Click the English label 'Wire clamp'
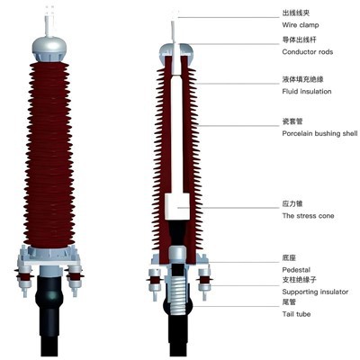[301, 25]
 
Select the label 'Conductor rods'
[308, 52]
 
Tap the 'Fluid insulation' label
[307, 92]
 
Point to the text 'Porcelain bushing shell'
[319, 133]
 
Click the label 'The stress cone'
[308, 216]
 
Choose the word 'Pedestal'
[296, 270]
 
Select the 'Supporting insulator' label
[315, 292]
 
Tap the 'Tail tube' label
[296, 314]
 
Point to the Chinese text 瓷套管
[292, 121]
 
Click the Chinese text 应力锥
[292, 203]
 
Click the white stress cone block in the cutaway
[177, 206]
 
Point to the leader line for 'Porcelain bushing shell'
[239, 126]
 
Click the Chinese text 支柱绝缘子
[300, 280]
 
